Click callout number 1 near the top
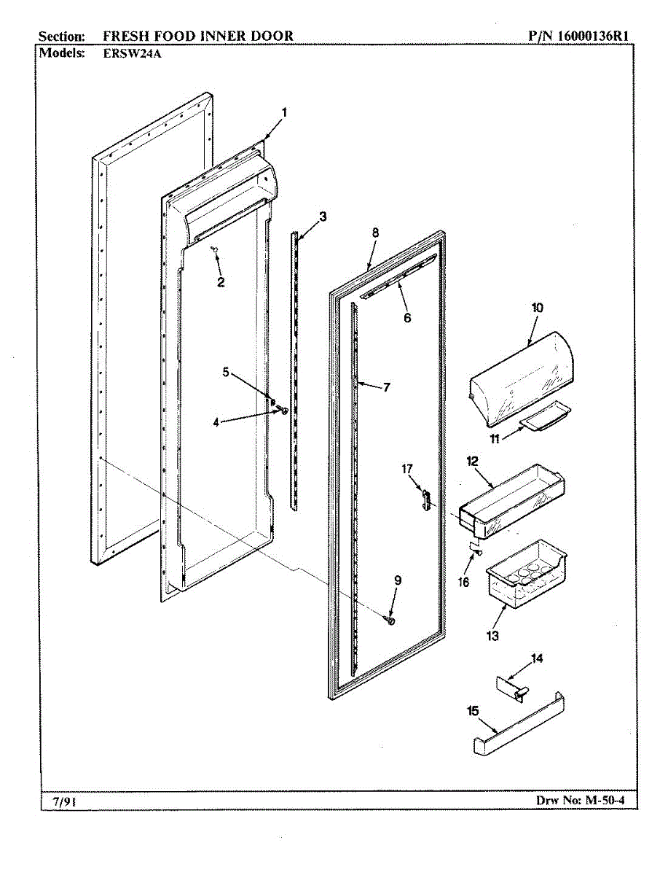coord(285,112)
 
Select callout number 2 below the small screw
coord(221,281)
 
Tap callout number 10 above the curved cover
coord(537,308)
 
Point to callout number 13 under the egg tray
coord(492,636)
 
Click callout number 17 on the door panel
coord(406,469)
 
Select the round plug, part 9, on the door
coord(391,620)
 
